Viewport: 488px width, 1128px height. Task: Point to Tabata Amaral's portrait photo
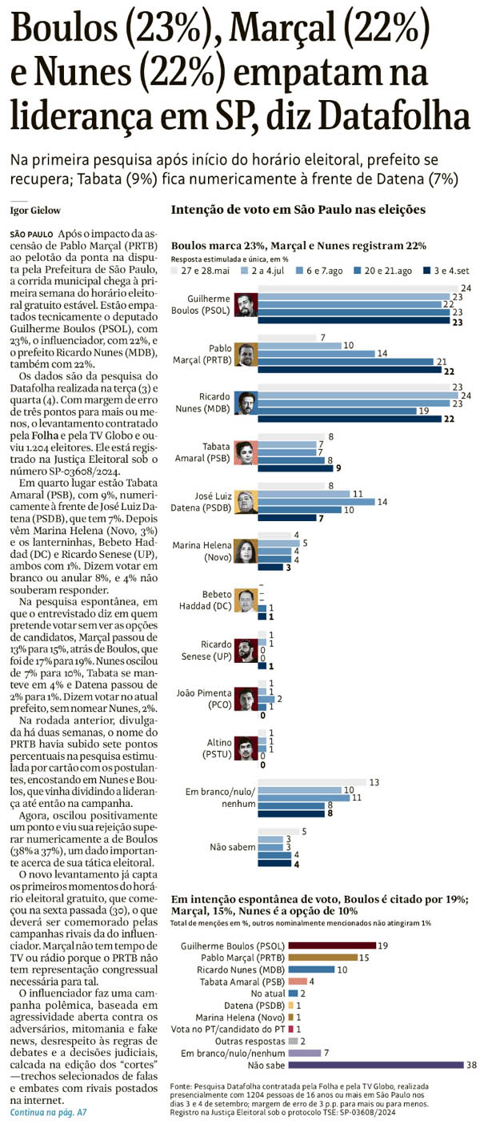tap(245, 452)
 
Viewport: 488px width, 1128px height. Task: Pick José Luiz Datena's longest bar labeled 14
tap(316, 502)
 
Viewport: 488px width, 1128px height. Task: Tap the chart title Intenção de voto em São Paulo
tap(298, 211)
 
